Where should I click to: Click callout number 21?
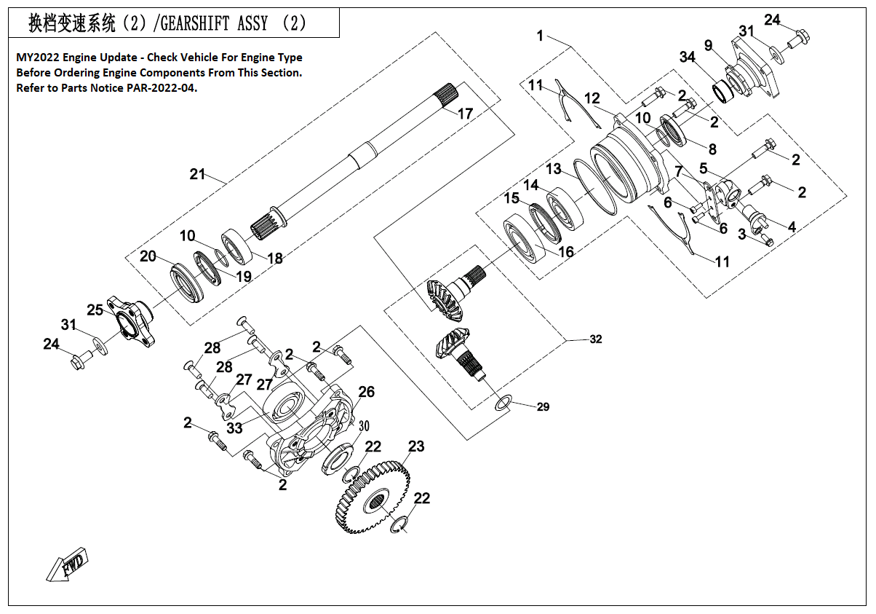pos(198,175)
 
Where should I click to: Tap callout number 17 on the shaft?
pos(465,114)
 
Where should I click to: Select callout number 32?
pos(596,339)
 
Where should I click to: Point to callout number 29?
pos(543,407)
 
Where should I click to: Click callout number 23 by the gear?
pos(415,446)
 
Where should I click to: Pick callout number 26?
pos(366,393)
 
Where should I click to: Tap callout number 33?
pos(234,428)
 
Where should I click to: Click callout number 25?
pos(95,310)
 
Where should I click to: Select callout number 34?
pos(688,58)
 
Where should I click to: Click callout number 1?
pos(540,35)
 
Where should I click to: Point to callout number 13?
pos(554,169)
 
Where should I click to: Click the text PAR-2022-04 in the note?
pos(166,87)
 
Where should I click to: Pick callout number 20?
pos(148,256)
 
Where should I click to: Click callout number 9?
pos(708,45)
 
